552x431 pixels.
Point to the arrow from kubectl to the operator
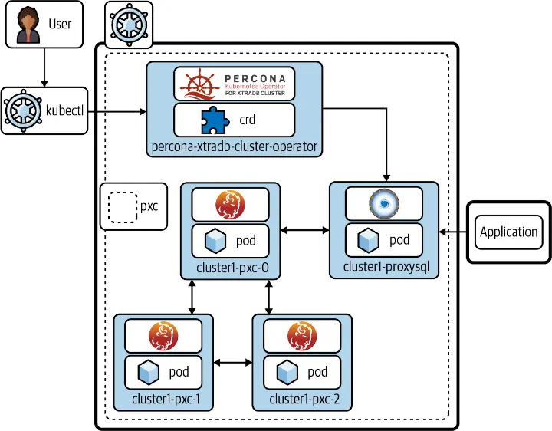tap(121, 112)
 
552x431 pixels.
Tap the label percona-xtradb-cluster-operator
tap(235, 146)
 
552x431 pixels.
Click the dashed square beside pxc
tap(120, 206)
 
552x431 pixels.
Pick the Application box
tap(508, 232)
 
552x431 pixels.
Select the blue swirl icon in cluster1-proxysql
tap(383, 204)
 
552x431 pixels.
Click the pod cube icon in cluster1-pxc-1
tap(148, 373)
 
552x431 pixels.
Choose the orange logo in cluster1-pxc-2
tap(301, 336)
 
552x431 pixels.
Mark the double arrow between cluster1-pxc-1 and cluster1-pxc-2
tap(234, 362)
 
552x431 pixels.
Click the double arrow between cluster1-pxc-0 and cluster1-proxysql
tap(304, 230)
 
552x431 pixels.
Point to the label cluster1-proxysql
tap(383, 267)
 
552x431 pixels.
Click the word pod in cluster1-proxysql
tap(399, 240)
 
